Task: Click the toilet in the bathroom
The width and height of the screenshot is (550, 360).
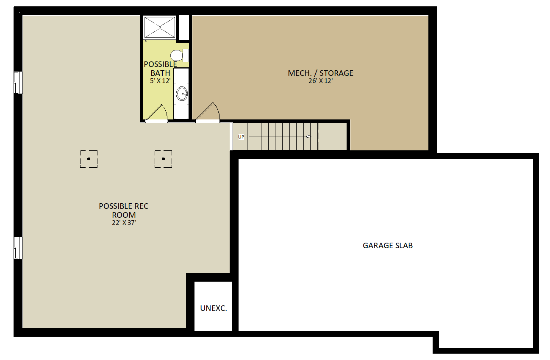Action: [x=179, y=55]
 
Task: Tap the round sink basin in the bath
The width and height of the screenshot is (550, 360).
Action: [x=182, y=94]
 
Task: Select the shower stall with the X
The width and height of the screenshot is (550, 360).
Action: [x=160, y=27]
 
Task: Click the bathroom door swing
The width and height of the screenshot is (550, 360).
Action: [x=157, y=114]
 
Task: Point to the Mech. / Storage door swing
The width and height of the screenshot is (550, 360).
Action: [x=208, y=112]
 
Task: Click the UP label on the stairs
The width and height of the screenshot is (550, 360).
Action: [x=241, y=137]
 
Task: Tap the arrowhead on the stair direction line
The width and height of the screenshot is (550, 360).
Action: [x=308, y=136]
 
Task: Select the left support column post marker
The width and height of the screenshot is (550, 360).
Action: [x=89, y=159]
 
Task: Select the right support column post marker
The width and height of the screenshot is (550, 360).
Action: [x=163, y=159]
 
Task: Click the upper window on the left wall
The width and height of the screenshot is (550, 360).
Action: [x=18, y=83]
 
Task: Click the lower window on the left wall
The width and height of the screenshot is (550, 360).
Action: [x=18, y=248]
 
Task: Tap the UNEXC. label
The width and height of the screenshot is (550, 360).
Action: [x=214, y=308]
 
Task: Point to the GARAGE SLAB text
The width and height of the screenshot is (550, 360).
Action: [x=388, y=245]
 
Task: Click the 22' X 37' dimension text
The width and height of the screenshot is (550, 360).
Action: [x=124, y=223]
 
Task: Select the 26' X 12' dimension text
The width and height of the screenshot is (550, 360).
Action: [x=321, y=81]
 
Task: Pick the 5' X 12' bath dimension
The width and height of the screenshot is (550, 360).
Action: [x=160, y=81]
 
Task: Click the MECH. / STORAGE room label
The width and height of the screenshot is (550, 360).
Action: [x=321, y=73]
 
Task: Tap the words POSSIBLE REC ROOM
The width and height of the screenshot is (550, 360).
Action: [x=124, y=210]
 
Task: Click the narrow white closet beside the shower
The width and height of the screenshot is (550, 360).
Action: [x=184, y=27]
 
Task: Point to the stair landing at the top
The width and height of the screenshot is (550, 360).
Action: [x=333, y=136]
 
